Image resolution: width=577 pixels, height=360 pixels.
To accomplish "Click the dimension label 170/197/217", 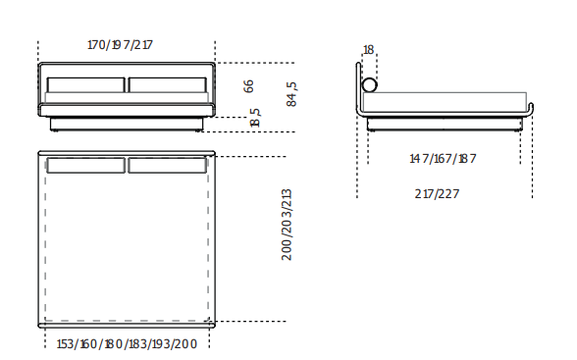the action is (x=120, y=45).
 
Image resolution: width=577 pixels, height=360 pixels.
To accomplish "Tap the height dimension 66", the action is (x=249, y=86).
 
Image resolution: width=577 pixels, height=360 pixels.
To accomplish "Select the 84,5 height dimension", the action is (x=291, y=94).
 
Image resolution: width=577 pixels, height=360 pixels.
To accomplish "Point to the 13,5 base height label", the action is (x=255, y=118).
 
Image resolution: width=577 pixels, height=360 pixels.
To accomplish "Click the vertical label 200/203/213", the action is (x=287, y=225).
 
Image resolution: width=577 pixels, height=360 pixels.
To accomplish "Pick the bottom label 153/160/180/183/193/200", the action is (x=127, y=344).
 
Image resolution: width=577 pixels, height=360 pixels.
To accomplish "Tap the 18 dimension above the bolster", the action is (x=368, y=50).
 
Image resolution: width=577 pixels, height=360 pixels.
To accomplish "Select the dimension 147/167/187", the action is (x=443, y=159).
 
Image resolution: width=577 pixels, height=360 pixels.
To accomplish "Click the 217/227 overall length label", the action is (x=437, y=194).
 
